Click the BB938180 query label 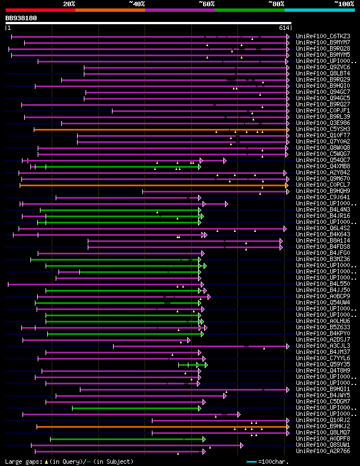pyautogui.click(x=21, y=18)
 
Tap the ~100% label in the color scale pyautogui.click(x=344, y=3)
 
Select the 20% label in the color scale pyautogui.click(x=69, y=3)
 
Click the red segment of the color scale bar pyautogui.click(x=40, y=10)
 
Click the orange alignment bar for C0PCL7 pyautogui.click(x=152, y=185)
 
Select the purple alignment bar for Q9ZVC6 pyautogui.click(x=186, y=68)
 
